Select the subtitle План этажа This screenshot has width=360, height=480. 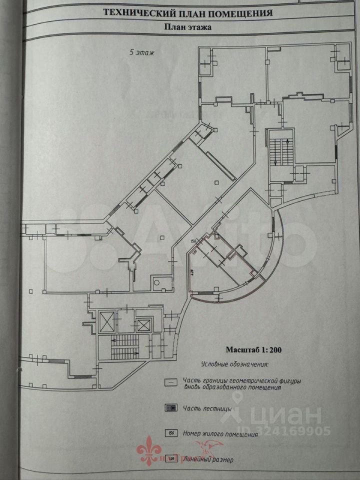click(x=188, y=28)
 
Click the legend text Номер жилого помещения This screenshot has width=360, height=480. click(x=220, y=434)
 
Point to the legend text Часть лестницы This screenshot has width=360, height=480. click(x=207, y=408)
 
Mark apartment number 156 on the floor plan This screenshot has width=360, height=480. click(x=194, y=242)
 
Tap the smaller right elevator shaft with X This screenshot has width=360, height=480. click(x=143, y=325)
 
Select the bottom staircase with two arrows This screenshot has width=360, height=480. click(x=124, y=346)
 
